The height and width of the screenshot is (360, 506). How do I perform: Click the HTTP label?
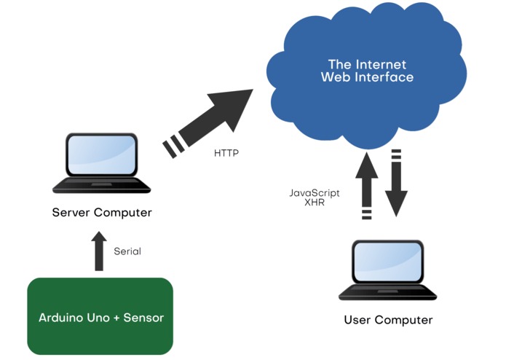pos(226,153)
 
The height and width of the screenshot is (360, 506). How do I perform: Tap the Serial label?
pos(127,251)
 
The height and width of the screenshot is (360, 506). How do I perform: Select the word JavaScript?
pos(315,193)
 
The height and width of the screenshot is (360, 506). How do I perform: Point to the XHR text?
pos(315,203)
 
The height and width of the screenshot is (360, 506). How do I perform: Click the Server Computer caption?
pos(102,213)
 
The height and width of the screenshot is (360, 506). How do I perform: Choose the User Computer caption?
pos(388,320)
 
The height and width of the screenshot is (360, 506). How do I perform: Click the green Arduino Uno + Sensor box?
pos(100,316)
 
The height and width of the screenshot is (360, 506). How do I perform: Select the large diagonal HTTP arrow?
pos(208,123)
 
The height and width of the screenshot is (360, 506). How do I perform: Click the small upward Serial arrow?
pos(99,251)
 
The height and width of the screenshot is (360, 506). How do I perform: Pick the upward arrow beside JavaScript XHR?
pos(367,186)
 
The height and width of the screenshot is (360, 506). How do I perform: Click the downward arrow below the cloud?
pos(396,183)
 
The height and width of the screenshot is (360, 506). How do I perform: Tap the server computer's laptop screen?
pos(102,155)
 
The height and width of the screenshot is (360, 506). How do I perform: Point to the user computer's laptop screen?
pos(387,262)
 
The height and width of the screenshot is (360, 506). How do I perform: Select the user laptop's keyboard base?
pos(387,292)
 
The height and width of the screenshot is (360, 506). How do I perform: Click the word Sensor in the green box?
pos(143,318)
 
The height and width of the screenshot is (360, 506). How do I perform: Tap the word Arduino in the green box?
pos(60,318)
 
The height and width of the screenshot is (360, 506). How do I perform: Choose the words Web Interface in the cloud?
pos(367,77)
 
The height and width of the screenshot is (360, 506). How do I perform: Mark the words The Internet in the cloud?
pos(367,65)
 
